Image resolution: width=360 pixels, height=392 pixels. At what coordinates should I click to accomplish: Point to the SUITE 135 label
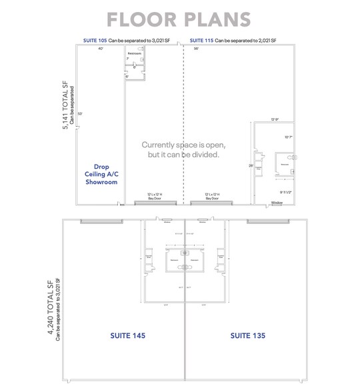pyautogui.click(x=247, y=335)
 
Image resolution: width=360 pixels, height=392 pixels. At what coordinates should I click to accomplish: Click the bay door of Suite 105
pyautogui.click(x=151, y=203)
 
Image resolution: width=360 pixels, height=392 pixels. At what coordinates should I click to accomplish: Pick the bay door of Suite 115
pyautogui.click(x=213, y=203)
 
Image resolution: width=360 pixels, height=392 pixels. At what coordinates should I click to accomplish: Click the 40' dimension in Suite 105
pyautogui.click(x=101, y=49)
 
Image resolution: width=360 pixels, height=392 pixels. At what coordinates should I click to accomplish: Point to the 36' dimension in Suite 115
pyautogui.click(x=196, y=49)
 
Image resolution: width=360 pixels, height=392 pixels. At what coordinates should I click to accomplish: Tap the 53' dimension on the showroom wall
pyautogui.click(x=79, y=113)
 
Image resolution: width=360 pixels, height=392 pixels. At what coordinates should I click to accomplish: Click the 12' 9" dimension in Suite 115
pyautogui.click(x=274, y=119)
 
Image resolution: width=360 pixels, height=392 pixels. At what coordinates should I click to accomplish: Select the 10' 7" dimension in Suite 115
pyautogui.click(x=288, y=137)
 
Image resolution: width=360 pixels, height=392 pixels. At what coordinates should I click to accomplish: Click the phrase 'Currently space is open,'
pyautogui.click(x=183, y=145)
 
